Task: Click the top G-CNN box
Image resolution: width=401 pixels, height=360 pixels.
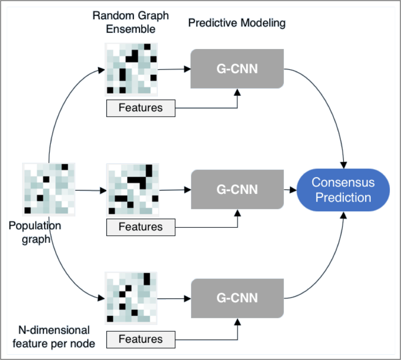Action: pyautogui.click(x=237, y=69)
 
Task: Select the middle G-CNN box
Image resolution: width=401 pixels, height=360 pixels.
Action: pyautogui.click(x=237, y=189)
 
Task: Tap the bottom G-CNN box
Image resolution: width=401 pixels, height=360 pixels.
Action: pyautogui.click(x=237, y=298)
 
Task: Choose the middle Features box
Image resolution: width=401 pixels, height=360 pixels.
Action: pyautogui.click(x=141, y=227)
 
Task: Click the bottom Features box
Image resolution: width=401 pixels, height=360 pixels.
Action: pyautogui.click(x=141, y=339)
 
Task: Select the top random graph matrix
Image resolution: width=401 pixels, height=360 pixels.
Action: pyautogui.click(x=132, y=69)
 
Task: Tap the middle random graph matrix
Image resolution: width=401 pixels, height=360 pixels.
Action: pyautogui.click(x=132, y=190)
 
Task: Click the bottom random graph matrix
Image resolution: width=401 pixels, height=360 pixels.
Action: pyautogui.click(x=132, y=297)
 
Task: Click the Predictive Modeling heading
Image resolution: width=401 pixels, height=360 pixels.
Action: pyautogui.click(x=237, y=23)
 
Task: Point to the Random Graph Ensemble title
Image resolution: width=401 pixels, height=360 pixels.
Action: pyautogui.click(x=131, y=22)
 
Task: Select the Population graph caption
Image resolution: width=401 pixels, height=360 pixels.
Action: pyautogui.click(x=35, y=232)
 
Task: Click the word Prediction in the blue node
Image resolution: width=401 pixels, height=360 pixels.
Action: pyautogui.click(x=343, y=197)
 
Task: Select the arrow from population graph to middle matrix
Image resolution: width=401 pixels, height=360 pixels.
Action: pyautogui.click(x=91, y=191)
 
